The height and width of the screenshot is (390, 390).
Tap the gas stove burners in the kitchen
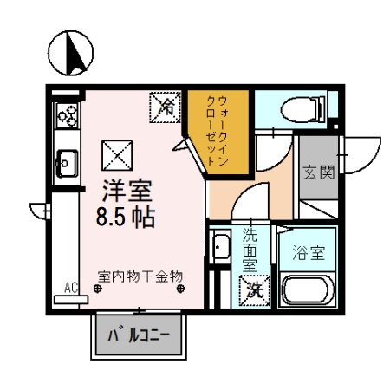click(66, 112)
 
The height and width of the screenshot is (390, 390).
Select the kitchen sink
click(66, 160)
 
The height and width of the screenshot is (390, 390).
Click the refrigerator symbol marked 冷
click(165, 107)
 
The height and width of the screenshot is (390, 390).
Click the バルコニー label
click(138, 335)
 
